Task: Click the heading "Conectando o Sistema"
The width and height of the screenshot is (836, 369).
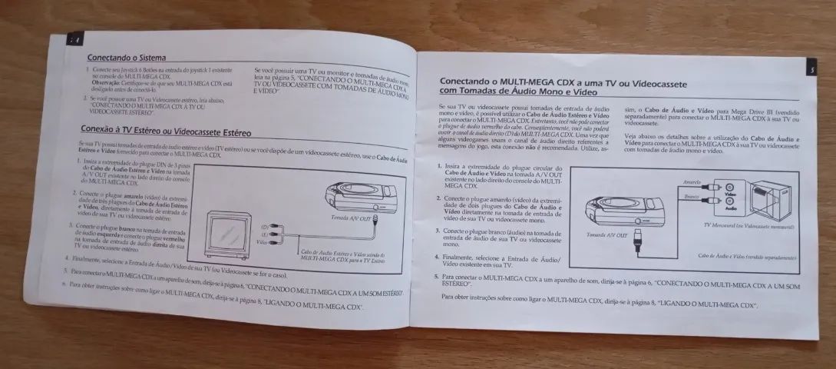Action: click(127, 57)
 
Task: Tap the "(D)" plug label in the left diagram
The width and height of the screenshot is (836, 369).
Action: click(265, 228)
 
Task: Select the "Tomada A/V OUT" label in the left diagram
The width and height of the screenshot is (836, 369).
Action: click(352, 218)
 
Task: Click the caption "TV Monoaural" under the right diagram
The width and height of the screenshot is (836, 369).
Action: click(748, 226)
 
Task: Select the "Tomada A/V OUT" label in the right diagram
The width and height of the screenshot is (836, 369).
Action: click(606, 233)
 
